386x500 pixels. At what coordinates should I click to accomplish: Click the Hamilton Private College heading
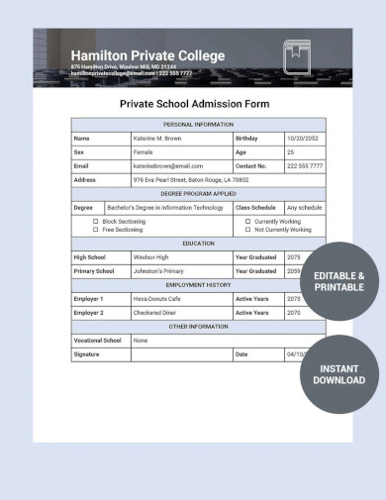(147, 55)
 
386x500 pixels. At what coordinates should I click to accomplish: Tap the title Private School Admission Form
(195, 103)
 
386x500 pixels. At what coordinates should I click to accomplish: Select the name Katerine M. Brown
(158, 139)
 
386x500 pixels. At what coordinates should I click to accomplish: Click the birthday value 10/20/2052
(304, 139)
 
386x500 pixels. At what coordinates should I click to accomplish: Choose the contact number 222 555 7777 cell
(304, 166)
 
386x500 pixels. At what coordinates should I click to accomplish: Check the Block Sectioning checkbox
(96, 222)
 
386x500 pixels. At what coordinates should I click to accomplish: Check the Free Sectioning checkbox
(96, 230)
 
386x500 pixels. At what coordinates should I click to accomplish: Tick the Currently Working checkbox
(247, 222)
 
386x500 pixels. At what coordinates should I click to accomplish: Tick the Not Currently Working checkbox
(247, 230)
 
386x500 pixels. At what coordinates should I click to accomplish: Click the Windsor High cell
(150, 256)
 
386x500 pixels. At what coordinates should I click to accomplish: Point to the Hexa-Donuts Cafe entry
(156, 298)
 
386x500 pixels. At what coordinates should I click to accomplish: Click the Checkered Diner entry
(155, 312)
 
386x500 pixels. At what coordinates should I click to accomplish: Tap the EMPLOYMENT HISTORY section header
(198, 284)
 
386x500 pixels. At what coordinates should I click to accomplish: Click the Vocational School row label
(98, 340)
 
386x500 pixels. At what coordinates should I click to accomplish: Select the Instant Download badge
(339, 374)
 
